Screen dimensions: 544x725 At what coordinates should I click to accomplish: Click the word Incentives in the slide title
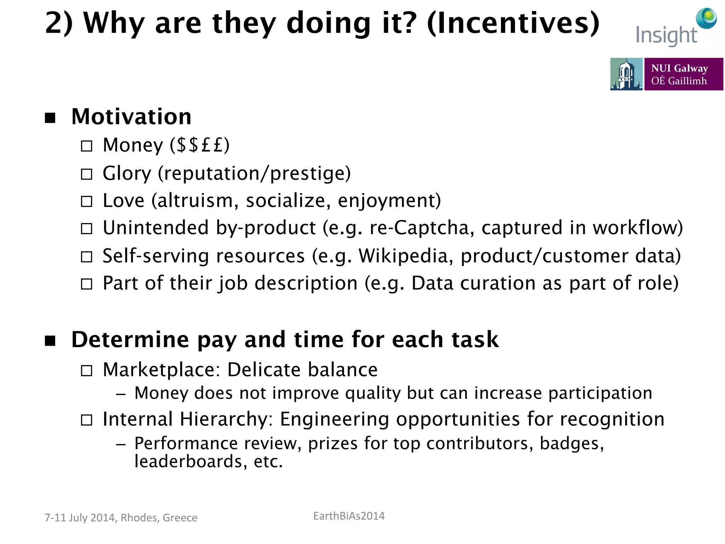pyautogui.click(x=513, y=23)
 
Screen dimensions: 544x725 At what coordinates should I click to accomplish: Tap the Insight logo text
pyautogui.click(x=666, y=36)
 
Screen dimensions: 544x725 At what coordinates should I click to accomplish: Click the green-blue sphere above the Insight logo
pyautogui.click(x=706, y=18)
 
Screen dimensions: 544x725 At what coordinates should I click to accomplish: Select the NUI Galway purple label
pyautogui.click(x=683, y=74)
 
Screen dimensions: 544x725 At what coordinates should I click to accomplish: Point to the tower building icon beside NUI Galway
pyautogui.click(x=626, y=74)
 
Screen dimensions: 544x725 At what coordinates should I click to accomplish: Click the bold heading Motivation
pyautogui.click(x=131, y=117)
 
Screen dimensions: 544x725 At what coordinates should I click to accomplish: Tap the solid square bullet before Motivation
pyautogui.click(x=50, y=118)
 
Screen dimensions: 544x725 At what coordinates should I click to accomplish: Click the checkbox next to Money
pyautogui.click(x=87, y=146)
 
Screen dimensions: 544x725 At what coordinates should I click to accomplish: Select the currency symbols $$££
pyautogui.click(x=200, y=145)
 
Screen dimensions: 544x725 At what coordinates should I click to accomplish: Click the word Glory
pyautogui.click(x=127, y=174)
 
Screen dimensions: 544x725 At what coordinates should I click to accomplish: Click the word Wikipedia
pyautogui.click(x=403, y=256)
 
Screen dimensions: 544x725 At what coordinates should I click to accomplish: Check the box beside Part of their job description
pyautogui.click(x=87, y=284)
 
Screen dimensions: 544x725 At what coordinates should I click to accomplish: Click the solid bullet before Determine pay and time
pyautogui.click(x=50, y=341)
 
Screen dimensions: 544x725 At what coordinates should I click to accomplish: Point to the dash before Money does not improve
pyautogui.click(x=121, y=394)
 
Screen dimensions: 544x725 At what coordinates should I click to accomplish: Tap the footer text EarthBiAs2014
pyautogui.click(x=349, y=516)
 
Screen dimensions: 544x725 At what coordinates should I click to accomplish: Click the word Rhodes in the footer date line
pyautogui.click(x=139, y=518)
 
